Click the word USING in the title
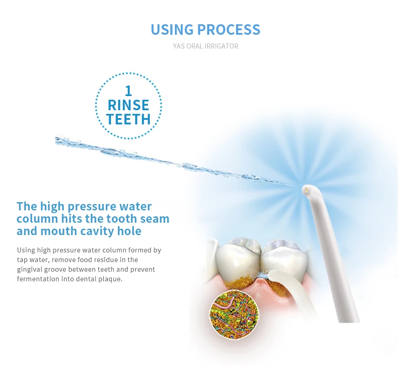point(172,29)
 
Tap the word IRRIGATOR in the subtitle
point(222,46)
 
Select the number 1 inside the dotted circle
point(128,91)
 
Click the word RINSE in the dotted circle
point(128,105)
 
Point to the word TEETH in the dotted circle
point(128,119)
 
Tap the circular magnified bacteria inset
point(234,314)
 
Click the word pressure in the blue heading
point(92,207)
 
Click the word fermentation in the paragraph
point(38,279)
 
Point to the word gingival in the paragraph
point(30,270)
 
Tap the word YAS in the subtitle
point(179,46)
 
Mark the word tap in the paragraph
point(22,260)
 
